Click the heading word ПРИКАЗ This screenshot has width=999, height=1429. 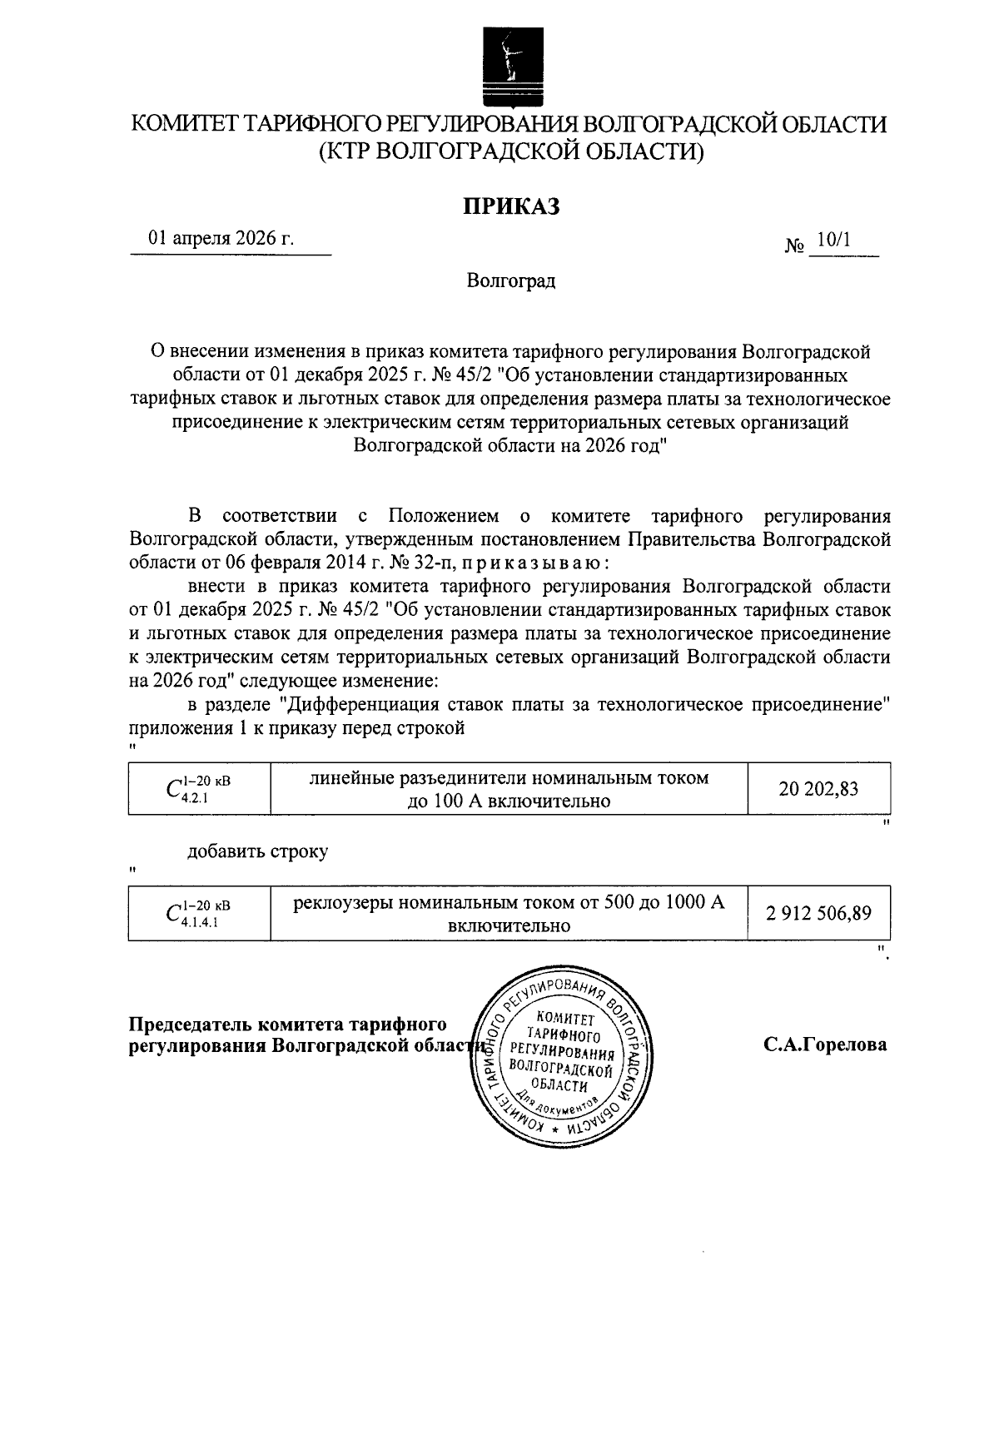[510, 206]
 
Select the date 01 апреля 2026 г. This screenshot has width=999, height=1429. [221, 238]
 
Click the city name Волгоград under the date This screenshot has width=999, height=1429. [510, 280]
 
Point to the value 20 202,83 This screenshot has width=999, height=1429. [818, 788]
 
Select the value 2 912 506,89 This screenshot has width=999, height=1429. [818, 913]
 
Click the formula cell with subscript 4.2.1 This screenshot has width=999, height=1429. [199, 788]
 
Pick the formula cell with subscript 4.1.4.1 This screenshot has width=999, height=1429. [199, 913]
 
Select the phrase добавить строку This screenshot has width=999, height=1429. [257, 851]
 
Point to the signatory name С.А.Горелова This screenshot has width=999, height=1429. [825, 1044]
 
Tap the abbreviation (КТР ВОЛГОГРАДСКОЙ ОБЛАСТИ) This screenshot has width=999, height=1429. [510, 151]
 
